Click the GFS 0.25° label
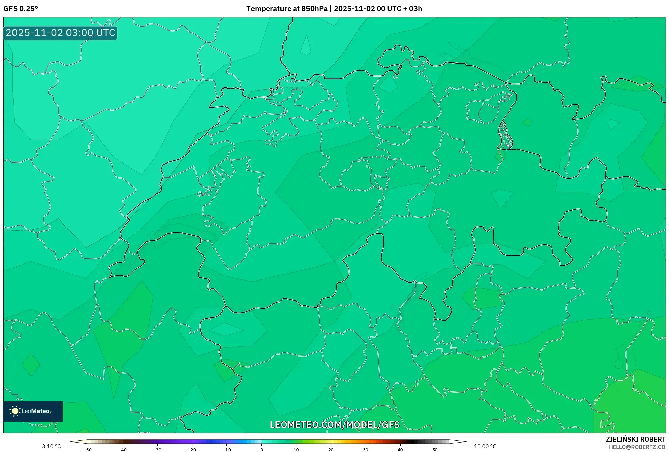coord(21,9)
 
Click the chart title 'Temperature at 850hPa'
coord(287,9)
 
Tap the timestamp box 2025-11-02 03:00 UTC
coord(60,33)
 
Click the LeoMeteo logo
coord(33,411)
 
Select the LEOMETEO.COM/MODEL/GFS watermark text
coord(334,425)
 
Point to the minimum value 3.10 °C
coord(51,446)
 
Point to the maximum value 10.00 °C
coord(485,446)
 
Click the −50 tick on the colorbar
coord(88,450)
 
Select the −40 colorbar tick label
coord(123,450)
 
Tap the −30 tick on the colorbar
coord(157,450)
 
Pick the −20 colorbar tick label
coord(192,450)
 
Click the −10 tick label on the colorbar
coord(227,450)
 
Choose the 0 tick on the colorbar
coord(262,450)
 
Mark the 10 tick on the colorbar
coord(296,450)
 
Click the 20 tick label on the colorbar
coord(331,450)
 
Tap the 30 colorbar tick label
coord(366,450)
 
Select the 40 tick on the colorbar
coord(400,450)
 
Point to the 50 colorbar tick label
coord(435,450)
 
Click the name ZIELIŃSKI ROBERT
coord(636,439)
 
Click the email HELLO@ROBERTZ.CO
coord(637,447)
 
